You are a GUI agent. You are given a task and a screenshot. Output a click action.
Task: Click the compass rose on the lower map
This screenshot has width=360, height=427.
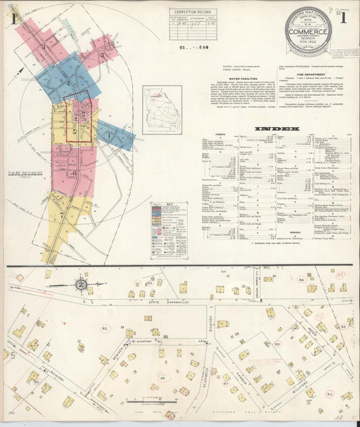click(81, 284)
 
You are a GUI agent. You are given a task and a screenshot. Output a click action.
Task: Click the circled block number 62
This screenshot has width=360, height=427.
click(104, 328)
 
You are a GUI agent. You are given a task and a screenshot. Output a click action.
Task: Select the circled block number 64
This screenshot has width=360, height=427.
click(301, 278)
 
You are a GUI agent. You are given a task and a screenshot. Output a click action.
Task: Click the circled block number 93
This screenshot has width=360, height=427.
click(343, 326)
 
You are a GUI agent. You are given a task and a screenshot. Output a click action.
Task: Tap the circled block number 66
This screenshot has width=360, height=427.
click(277, 345)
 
